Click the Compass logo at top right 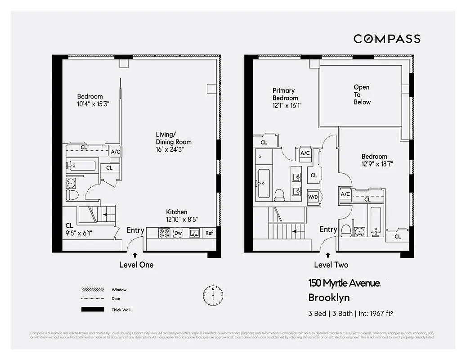387,39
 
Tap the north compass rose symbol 213,295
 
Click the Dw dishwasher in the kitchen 178,233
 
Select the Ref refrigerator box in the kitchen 209,233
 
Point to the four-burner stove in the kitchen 164,233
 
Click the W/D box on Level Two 313,197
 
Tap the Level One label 136,265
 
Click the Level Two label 331,265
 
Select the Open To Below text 362,94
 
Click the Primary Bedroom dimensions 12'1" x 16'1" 287,106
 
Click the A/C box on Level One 116,152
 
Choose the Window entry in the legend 119,290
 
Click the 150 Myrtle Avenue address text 344,283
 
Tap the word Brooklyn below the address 329,297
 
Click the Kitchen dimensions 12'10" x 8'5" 182,220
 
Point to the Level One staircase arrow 106,215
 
